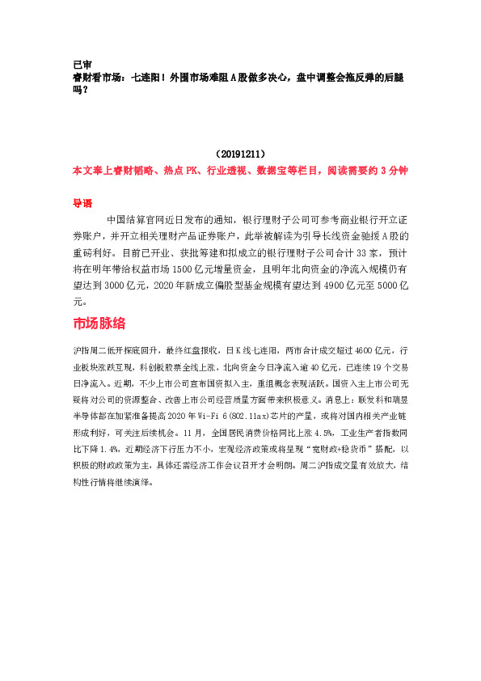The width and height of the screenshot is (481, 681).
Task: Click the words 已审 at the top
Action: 81,64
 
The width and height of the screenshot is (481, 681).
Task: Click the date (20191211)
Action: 240,154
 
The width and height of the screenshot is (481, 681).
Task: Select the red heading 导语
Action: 82,204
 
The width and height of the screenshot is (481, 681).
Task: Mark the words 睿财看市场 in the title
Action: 99,77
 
